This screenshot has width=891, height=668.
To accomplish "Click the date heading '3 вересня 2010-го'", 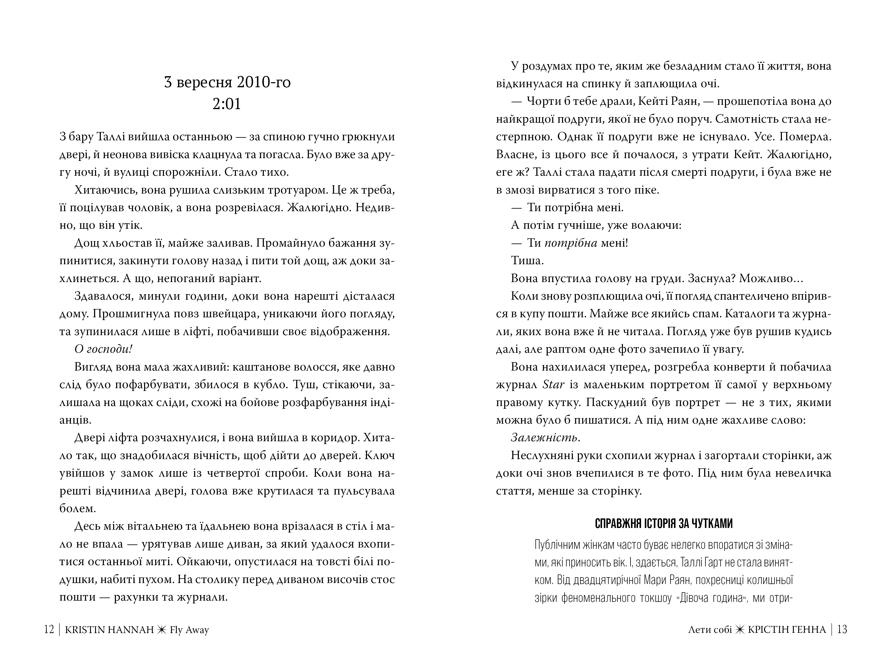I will [x=227, y=82].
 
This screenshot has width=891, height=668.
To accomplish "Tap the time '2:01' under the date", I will [x=227, y=104].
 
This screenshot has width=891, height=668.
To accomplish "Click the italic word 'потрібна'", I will [x=571, y=243].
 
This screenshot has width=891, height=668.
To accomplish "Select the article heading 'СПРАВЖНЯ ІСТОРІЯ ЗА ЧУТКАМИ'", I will [x=663, y=523].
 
